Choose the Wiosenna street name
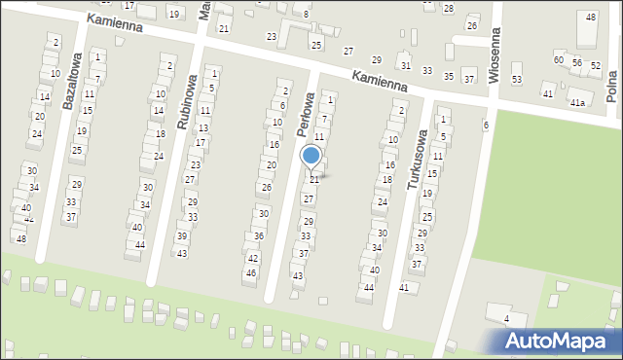tap(495, 57)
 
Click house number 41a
tap(578, 102)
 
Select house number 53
tap(517, 79)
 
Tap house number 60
tap(559, 59)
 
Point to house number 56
tap(577, 62)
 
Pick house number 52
tap(596, 65)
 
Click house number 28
tap(449, 8)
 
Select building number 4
tap(506, 318)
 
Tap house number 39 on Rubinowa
tap(182, 236)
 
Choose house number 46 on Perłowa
tap(250, 272)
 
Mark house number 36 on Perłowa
tap(258, 236)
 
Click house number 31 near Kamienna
tap(405, 65)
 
